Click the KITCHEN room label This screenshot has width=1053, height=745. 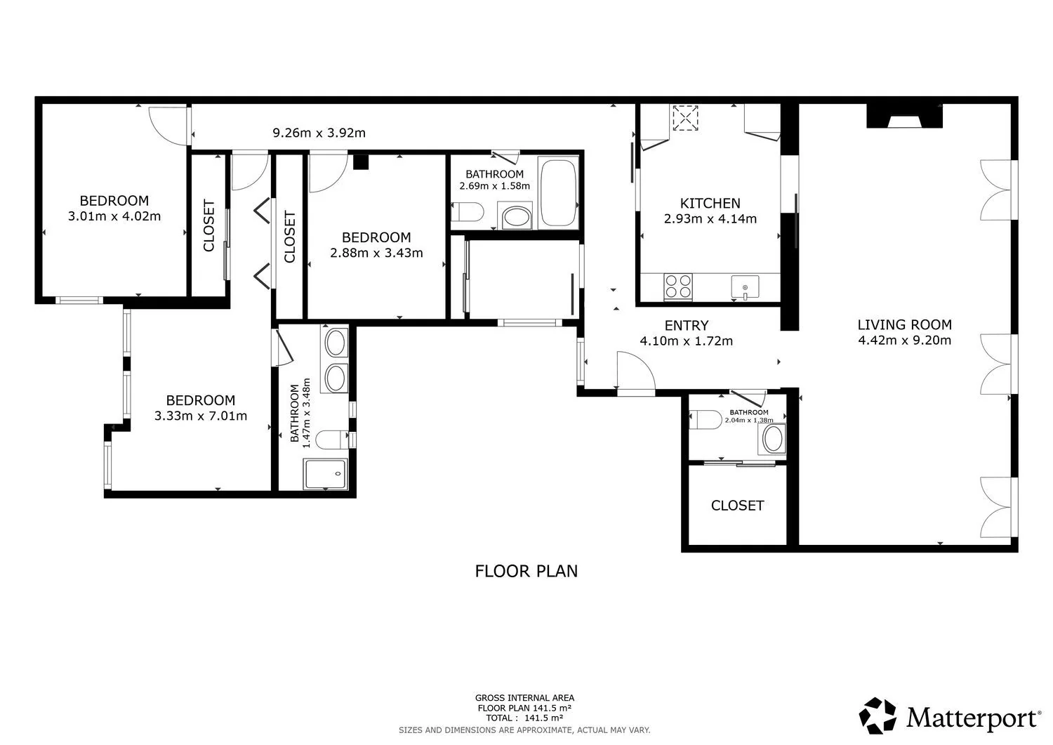point(710,203)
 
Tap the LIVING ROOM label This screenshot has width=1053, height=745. point(904,324)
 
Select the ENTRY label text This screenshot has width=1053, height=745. point(687,326)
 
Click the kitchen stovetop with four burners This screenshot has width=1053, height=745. point(678,286)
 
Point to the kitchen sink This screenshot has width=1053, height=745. point(745,287)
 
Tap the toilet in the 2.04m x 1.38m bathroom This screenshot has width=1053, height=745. point(705,419)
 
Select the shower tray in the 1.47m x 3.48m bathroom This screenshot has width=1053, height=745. point(325,474)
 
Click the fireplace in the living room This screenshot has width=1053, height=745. point(904,116)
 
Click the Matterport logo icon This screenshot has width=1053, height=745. point(877,716)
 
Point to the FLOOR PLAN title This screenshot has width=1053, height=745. point(526,571)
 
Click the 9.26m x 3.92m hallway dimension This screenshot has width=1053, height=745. point(319,133)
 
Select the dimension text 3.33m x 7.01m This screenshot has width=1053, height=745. point(201,416)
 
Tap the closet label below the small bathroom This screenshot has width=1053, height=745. point(737,506)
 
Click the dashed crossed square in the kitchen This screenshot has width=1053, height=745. point(685,117)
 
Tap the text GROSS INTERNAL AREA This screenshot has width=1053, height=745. point(524,698)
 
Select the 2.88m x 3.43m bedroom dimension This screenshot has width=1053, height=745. point(376,253)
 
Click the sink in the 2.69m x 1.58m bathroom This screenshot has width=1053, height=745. point(517,217)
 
